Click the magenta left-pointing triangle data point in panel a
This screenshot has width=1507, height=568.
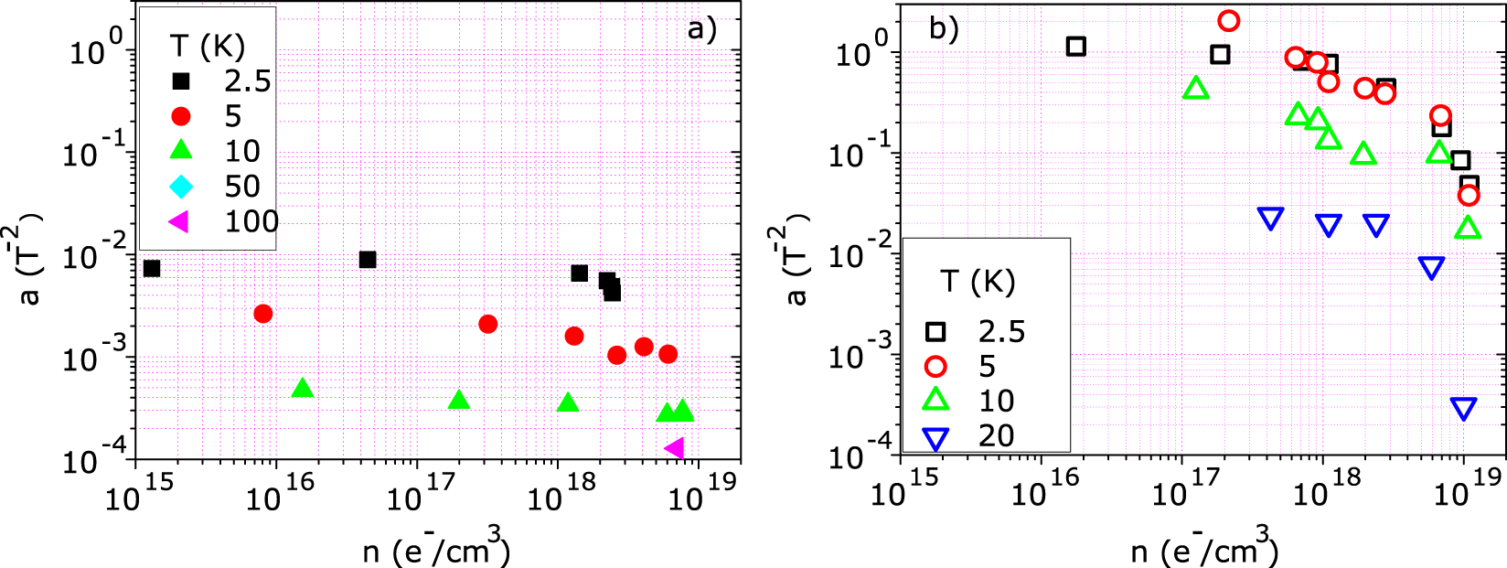[x=675, y=448]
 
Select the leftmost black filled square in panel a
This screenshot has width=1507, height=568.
[x=152, y=268]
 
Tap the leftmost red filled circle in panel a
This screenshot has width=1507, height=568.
[x=263, y=314]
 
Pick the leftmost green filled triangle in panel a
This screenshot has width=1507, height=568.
[x=303, y=389]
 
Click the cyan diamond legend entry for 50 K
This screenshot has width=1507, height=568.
[x=181, y=187]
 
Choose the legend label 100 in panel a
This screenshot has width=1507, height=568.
[x=251, y=221]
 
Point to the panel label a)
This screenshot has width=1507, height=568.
[x=701, y=29]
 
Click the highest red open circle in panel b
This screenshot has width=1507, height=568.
[x=1229, y=20]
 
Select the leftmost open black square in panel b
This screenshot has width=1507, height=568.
[x=1076, y=46]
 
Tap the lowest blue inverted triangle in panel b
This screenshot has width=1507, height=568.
[x=1464, y=408]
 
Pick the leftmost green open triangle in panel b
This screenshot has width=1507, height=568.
[x=1196, y=89]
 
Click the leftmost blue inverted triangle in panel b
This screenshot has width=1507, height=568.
[x=1271, y=218]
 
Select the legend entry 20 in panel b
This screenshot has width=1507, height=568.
[x=996, y=436]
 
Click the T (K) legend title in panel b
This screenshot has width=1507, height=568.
[x=978, y=282]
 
